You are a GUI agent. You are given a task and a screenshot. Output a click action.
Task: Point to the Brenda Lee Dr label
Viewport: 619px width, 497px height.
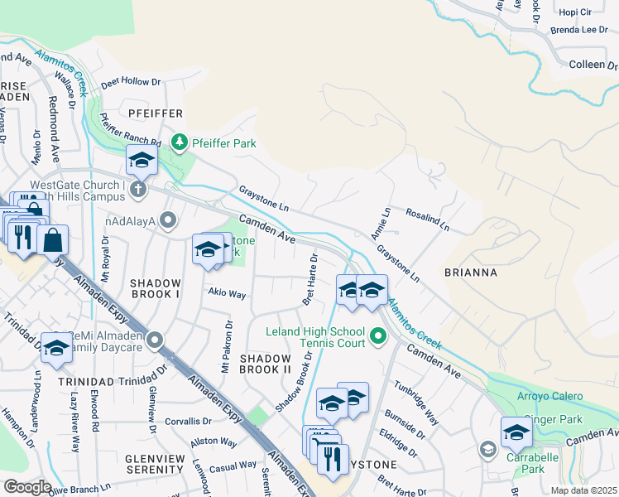pyautogui.click(x=578, y=31)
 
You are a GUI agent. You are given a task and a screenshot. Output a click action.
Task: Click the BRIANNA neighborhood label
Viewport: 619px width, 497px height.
pyautogui.click(x=470, y=273)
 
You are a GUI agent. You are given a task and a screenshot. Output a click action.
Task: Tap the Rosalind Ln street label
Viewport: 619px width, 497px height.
pyautogui.click(x=427, y=219)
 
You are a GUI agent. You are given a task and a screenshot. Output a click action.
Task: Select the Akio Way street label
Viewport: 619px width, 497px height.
pyautogui.click(x=227, y=293)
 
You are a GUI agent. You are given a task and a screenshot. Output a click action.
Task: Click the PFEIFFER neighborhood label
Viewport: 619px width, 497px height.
pyautogui.click(x=155, y=113)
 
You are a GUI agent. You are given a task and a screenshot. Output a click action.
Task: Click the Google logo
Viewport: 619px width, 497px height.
pyautogui.click(x=28, y=487)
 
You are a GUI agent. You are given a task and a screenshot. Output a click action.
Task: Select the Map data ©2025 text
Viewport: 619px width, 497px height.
pyautogui.click(x=583, y=490)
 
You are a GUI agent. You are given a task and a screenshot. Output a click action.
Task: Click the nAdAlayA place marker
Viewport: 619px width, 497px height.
pyautogui.click(x=169, y=220)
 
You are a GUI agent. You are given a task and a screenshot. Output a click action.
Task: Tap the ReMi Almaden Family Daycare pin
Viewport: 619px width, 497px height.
pyautogui.click(x=155, y=340)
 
